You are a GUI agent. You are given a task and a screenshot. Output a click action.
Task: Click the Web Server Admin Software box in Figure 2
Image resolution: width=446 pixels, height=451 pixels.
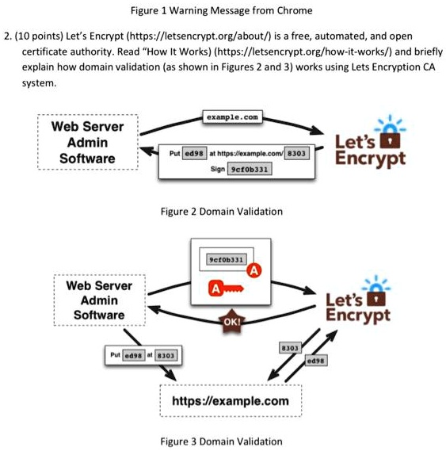87,143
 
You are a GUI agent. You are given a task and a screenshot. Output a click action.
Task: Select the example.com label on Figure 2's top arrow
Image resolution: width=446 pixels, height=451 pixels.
231,117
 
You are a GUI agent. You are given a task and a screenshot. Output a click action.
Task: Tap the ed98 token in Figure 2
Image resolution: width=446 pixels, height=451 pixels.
194,151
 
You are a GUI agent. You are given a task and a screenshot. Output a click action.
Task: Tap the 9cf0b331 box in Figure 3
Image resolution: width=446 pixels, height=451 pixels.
228,259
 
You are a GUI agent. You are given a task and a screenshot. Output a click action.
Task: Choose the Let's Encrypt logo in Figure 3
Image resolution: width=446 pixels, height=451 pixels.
360,301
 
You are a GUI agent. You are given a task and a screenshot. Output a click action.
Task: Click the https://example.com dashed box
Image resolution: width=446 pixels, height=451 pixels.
231,400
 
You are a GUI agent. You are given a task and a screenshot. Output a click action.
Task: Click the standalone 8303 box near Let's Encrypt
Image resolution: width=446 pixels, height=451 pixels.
289,348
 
